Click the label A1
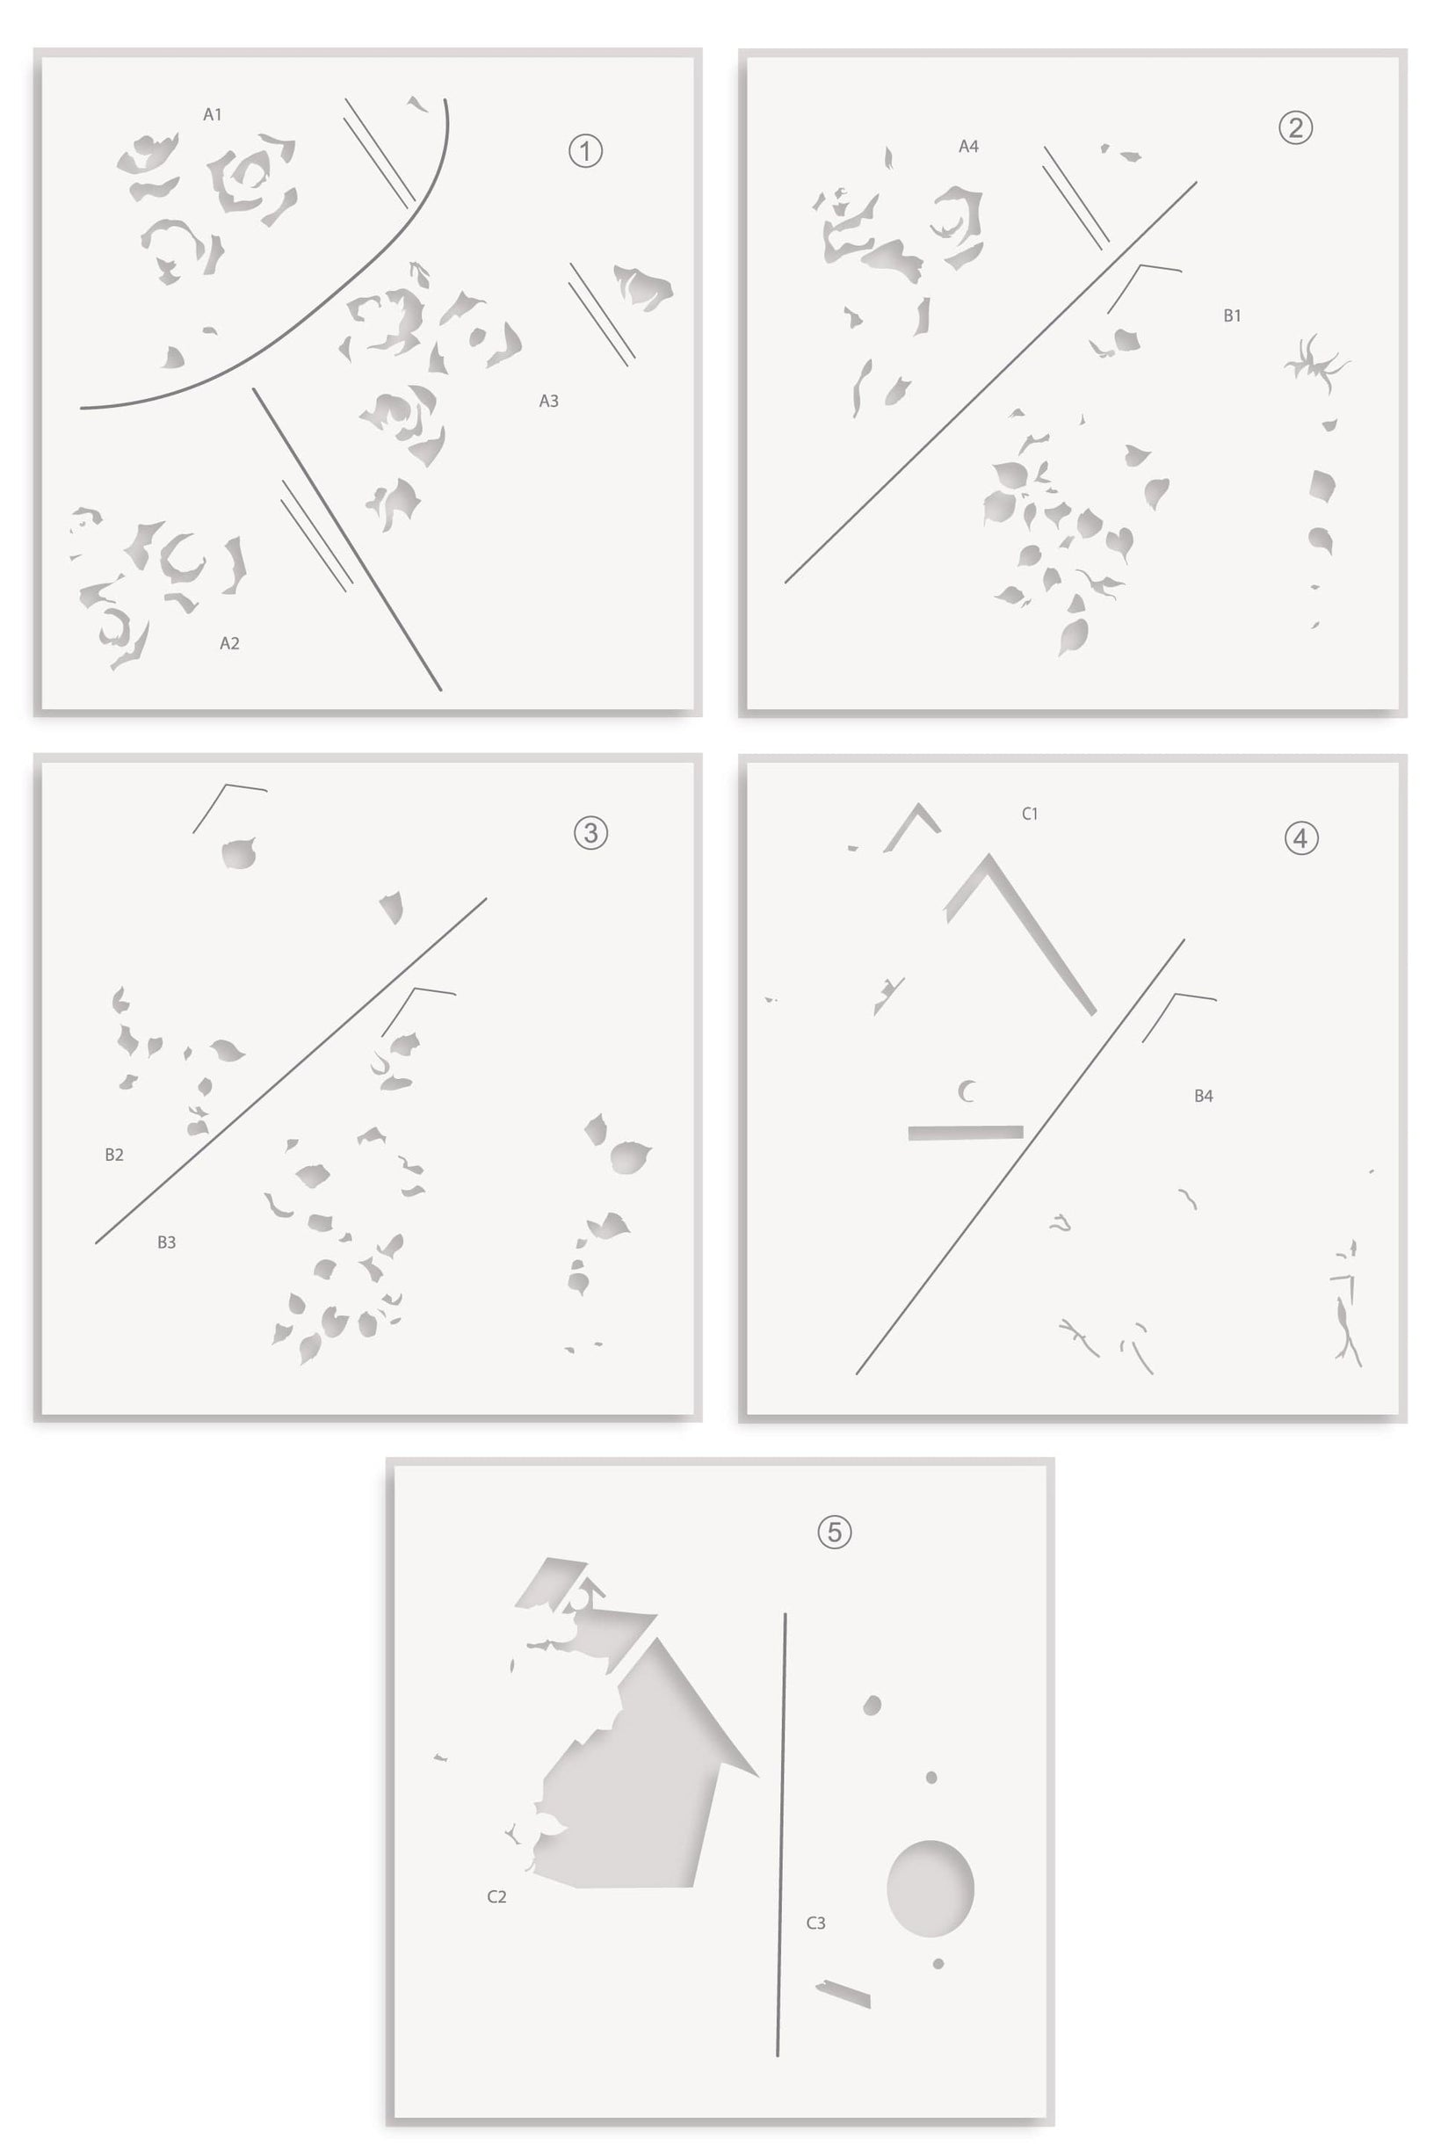click(213, 115)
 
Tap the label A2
click(229, 643)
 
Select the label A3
click(548, 401)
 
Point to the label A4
click(968, 146)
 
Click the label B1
click(1233, 315)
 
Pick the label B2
click(114, 1154)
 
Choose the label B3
click(166, 1242)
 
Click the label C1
click(1030, 813)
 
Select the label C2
click(497, 1895)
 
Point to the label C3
click(816, 1923)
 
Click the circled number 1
click(585, 150)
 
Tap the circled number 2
click(1296, 127)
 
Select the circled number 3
click(591, 832)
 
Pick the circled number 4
click(1301, 838)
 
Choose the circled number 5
click(835, 1532)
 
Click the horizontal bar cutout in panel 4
click(966, 1132)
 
